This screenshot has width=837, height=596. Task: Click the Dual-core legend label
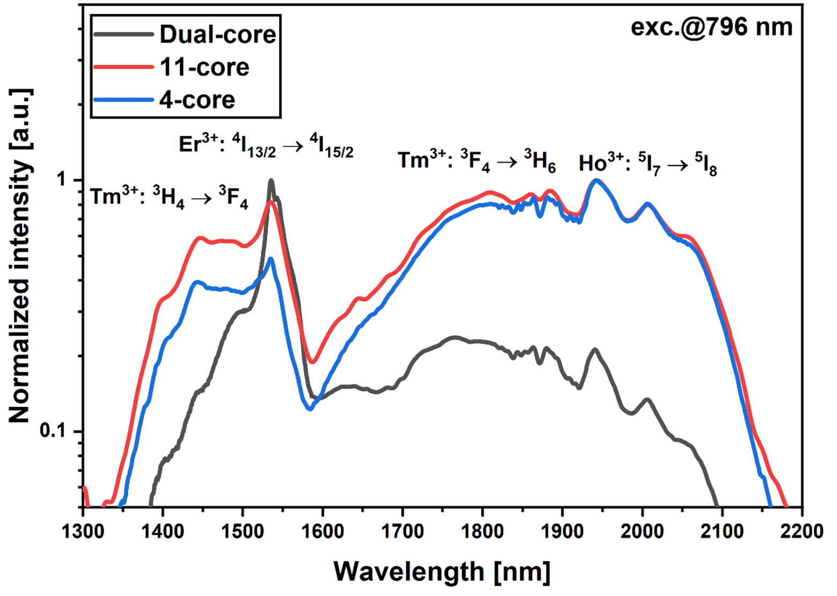point(217,34)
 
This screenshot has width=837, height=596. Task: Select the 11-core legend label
point(204,67)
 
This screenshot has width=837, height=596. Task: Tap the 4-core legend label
point(197,100)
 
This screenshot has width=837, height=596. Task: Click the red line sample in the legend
point(123,67)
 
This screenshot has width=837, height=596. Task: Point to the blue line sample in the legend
point(123,100)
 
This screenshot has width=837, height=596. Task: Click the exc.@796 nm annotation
point(711,27)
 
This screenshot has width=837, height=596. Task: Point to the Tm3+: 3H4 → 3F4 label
point(169,198)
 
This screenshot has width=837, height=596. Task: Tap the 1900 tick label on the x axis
point(562,532)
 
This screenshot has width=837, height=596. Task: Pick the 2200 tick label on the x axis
point(802,532)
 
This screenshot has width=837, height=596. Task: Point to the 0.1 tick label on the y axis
point(55,432)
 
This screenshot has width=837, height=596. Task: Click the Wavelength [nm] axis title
point(442,571)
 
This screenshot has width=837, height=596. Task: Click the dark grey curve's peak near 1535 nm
point(271,180)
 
